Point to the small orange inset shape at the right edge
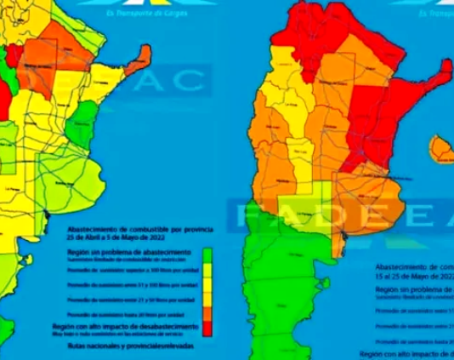(x=442, y=149)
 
